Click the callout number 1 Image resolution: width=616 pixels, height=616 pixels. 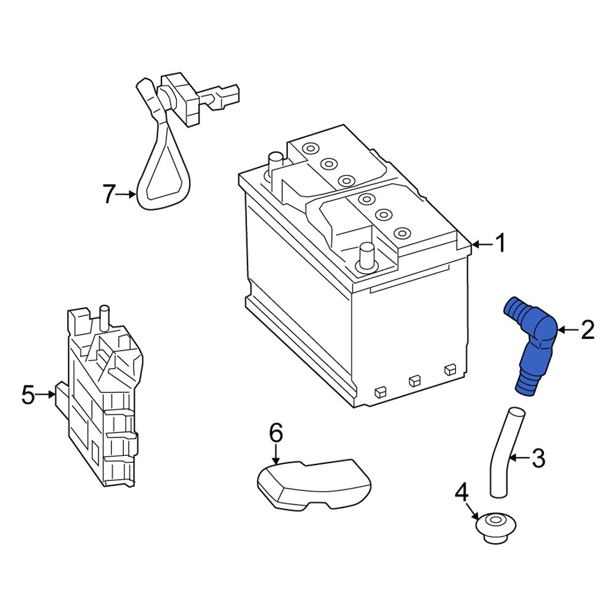pos(501,244)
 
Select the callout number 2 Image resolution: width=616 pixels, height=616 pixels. pos(588,331)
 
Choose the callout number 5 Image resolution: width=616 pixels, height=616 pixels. pos(28,394)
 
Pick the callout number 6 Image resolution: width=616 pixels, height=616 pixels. pos(275,434)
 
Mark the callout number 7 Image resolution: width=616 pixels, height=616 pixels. pos(109,195)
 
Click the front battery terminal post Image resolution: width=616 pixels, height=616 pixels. pos(367,255)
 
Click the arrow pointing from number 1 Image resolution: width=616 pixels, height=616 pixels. pos(481,245)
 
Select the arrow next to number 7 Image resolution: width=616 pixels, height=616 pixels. pos(128,195)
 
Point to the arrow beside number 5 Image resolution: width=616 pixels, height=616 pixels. pos(47,394)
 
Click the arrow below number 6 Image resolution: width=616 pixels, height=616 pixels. pos(276,455)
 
